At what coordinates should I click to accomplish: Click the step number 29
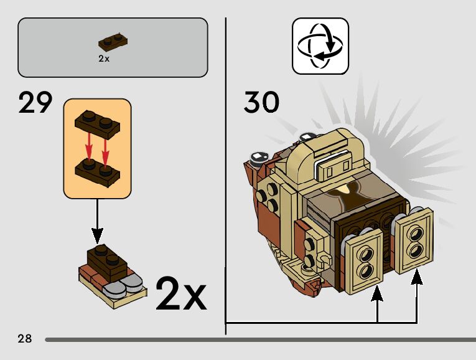[35, 103]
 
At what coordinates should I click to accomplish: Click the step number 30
[261, 103]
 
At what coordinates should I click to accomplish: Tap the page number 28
[25, 339]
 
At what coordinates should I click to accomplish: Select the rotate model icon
[320, 46]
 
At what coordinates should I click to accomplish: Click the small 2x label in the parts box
[104, 59]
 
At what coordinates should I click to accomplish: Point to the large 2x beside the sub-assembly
[180, 294]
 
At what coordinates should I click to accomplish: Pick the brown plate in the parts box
[113, 43]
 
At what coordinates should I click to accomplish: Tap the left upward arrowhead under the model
[377, 293]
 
